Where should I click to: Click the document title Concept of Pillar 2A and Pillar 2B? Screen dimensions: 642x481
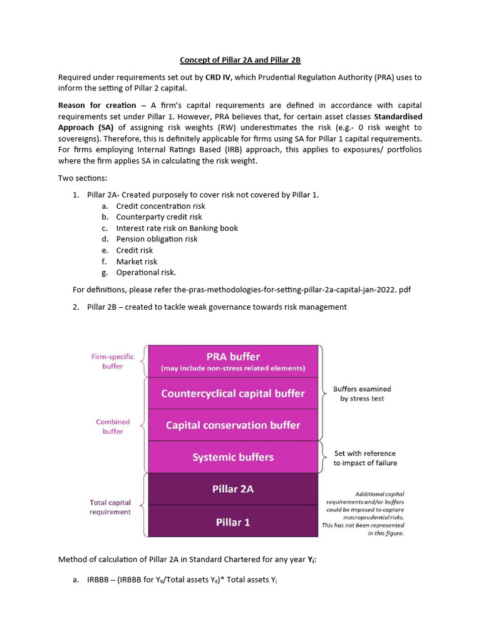[x=240, y=60]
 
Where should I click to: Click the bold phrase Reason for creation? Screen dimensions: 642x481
[x=97, y=105]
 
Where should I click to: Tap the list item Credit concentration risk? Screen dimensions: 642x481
[x=160, y=206]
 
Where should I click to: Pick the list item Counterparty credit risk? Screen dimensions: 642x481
[x=159, y=217]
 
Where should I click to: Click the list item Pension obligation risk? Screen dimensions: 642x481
[x=157, y=239]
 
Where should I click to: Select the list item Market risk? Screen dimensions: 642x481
[x=137, y=261]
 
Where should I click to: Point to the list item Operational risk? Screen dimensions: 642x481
[x=146, y=273]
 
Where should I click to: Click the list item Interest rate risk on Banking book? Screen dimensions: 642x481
[x=177, y=228]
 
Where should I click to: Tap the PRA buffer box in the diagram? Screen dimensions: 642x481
[x=232, y=360]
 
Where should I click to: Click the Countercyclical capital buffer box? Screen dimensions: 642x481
[x=232, y=394]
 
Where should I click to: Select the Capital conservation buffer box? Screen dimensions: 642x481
[x=232, y=425]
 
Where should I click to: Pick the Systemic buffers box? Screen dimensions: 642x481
[x=232, y=457]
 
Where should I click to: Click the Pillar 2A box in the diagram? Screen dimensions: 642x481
[x=232, y=489]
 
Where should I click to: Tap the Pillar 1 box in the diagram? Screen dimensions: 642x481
[x=232, y=522]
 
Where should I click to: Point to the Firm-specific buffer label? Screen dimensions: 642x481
[x=113, y=361]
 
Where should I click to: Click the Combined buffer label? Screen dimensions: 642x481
[x=113, y=426]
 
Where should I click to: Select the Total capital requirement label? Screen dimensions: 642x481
[x=110, y=507]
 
